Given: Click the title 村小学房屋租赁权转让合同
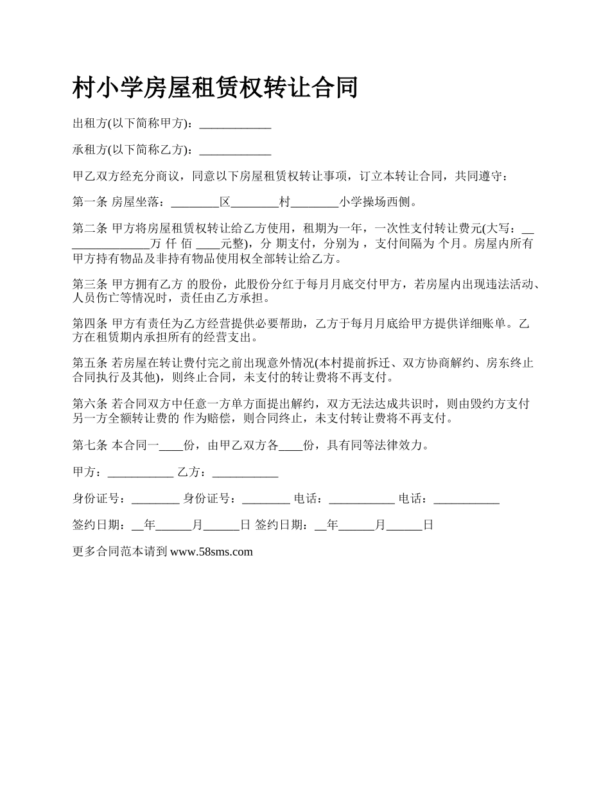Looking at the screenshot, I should click(214, 88).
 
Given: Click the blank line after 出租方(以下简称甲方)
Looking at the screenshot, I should click(235, 124).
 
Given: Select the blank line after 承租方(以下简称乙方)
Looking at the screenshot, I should click(235, 151).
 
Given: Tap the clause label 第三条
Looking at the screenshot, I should click(90, 284).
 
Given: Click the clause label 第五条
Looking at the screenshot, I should click(90, 364).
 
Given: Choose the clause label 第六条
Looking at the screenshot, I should click(90, 404).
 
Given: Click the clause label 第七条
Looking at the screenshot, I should click(90, 444).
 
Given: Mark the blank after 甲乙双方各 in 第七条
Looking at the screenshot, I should click(291, 446).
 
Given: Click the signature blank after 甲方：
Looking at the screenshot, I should click(141, 473).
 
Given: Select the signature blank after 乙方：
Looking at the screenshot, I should click(245, 473).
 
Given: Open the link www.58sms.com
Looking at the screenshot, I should click(211, 551).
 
